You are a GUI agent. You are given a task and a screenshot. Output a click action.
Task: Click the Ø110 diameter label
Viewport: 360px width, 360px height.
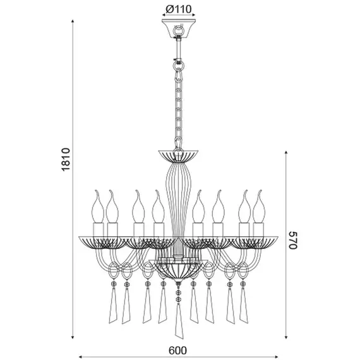click(x=178, y=9)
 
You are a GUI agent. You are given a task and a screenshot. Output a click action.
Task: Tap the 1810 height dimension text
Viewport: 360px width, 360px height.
click(x=66, y=159)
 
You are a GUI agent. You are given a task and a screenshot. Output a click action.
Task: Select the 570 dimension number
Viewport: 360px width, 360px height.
click(x=292, y=240)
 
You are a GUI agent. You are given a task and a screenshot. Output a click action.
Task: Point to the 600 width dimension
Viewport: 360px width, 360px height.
click(x=178, y=351)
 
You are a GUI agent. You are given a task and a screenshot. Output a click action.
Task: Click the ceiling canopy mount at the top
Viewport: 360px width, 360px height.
click(x=178, y=28)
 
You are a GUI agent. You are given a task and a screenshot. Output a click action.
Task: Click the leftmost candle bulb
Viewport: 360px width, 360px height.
click(x=97, y=207)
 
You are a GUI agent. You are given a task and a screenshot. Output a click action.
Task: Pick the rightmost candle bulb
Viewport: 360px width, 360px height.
click(x=259, y=207)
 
